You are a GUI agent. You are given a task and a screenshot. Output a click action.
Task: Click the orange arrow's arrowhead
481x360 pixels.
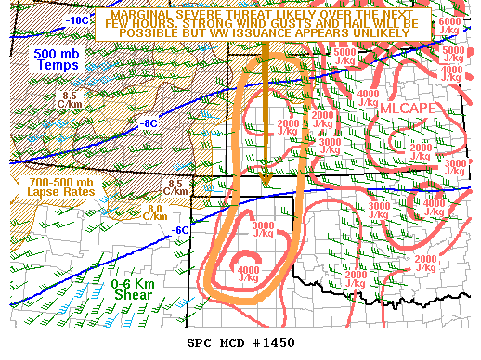pos(266,178)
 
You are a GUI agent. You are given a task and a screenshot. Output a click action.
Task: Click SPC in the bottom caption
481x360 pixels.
pos(201,343)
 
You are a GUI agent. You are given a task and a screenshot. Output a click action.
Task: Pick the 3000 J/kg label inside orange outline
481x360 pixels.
pos(263,230)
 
